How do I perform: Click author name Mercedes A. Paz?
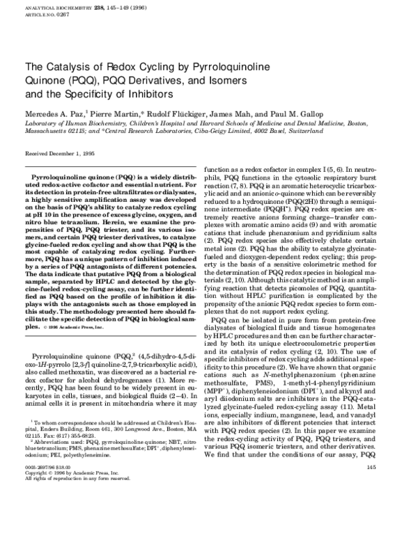(x=52, y=113)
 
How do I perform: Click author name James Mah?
(x=231, y=113)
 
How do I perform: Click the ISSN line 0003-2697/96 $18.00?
(x=48, y=505)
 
